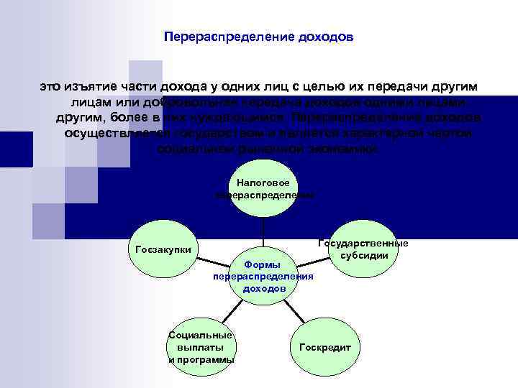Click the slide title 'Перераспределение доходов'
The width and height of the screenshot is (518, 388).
(258, 36)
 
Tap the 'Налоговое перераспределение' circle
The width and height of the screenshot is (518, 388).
(263, 190)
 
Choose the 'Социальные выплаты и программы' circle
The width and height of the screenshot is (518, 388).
(201, 347)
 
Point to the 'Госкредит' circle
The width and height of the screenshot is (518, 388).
(324, 347)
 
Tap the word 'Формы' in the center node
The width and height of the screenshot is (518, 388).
(263, 264)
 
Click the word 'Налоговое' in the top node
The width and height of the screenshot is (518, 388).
(263, 184)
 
